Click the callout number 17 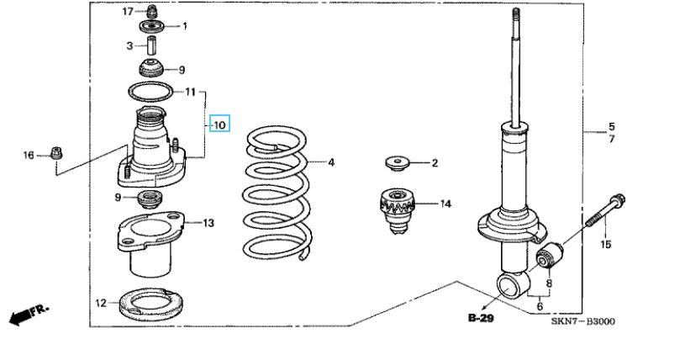[x=128, y=11]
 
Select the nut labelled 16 [x=57, y=153]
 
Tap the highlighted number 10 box [x=219, y=124]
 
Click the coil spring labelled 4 [x=277, y=194]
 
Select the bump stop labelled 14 [x=398, y=210]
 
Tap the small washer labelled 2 [x=397, y=163]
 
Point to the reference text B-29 [x=481, y=318]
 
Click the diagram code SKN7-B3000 [x=582, y=321]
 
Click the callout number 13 [x=208, y=223]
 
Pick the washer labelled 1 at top [x=154, y=26]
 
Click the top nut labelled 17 [x=151, y=11]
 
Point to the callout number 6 [x=540, y=306]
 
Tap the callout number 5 [x=611, y=127]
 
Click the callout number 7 [x=611, y=140]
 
